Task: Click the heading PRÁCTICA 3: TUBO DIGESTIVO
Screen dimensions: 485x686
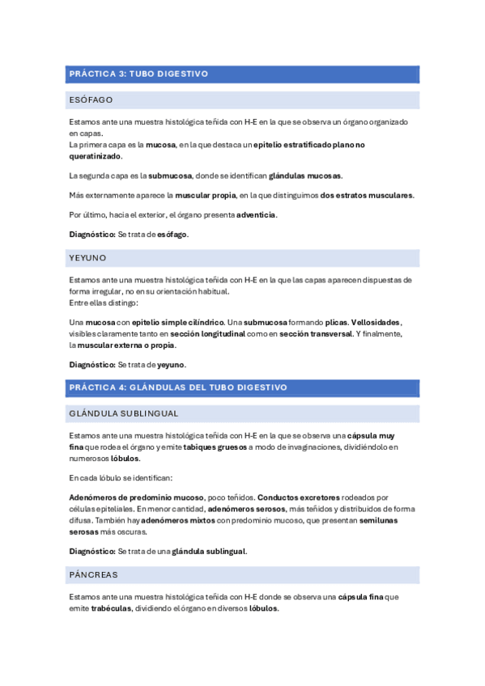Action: tap(138, 74)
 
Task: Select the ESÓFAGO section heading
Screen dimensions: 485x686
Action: tap(91, 100)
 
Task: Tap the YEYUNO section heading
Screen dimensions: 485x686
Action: tap(87, 258)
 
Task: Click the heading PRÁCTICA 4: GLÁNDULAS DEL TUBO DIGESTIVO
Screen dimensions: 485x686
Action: tap(178, 387)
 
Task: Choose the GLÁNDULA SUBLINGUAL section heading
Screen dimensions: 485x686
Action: tap(124, 414)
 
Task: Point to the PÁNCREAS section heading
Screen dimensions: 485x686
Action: tap(93, 574)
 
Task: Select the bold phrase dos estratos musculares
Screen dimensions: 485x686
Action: tap(367, 195)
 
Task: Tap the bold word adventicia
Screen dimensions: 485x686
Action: tap(256, 214)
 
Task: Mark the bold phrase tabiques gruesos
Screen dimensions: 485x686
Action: tap(215, 447)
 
